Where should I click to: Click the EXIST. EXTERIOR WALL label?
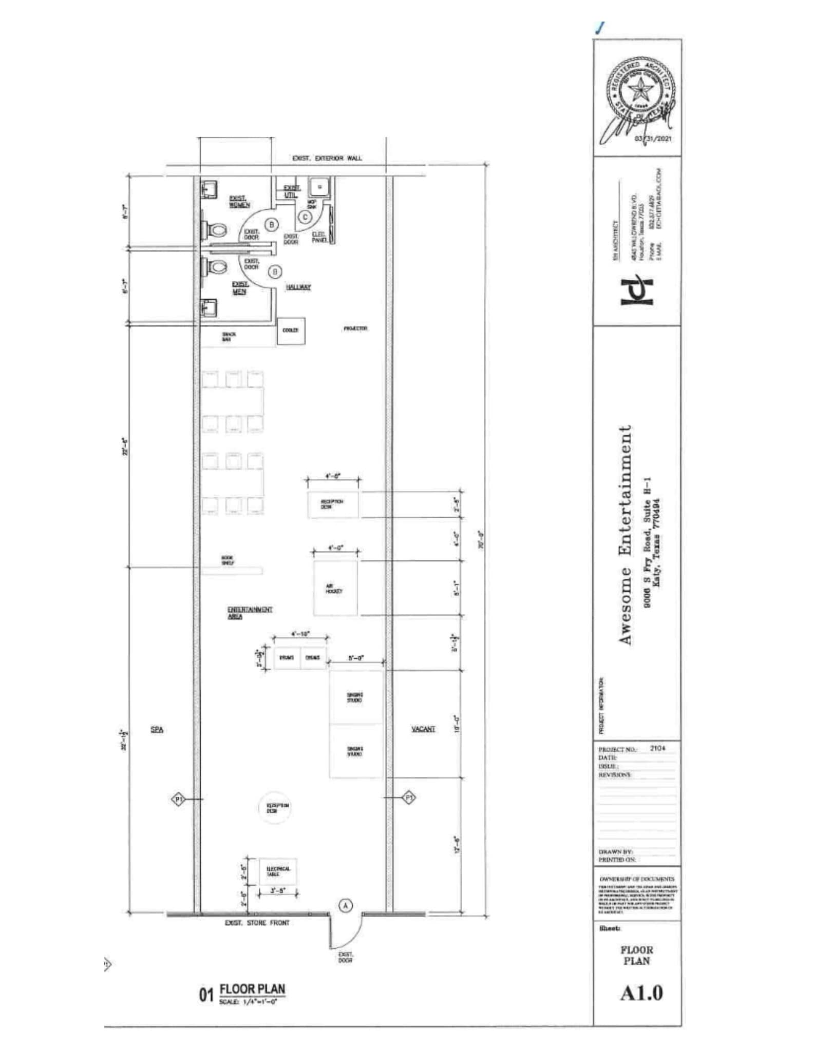(x=327, y=158)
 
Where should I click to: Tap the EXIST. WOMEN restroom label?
(x=239, y=202)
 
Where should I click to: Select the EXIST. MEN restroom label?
(x=239, y=288)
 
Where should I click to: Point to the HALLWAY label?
(x=298, y=287)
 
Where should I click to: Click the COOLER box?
(x=291, y=330)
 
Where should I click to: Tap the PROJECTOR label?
(x=355, y=328)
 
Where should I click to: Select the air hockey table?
(x=335, y=588)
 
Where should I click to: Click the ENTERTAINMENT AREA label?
(x=250, y=613)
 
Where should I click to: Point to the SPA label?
(x=157, y=730)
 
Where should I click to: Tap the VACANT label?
(x=424, y=729)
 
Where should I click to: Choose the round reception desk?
(x=275, y=808)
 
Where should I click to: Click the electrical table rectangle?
(x=278, y=871)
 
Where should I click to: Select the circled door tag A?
(x=346, y=906)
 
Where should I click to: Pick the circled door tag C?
(x=305, y=217)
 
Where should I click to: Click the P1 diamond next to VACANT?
(x=409, y=797)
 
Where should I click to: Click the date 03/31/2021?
(x=653, y=139)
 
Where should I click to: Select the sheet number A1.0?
(x=641, y=994)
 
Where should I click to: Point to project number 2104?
(x=657, y=748)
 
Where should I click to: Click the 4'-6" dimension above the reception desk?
(x=332, y=476)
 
